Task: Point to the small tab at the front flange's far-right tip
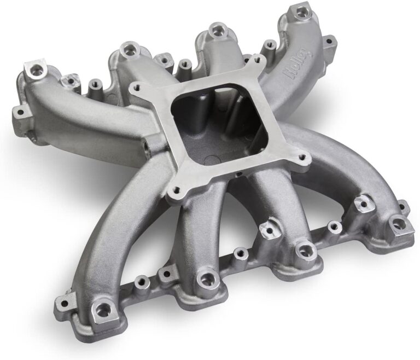[x=405, y=207]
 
